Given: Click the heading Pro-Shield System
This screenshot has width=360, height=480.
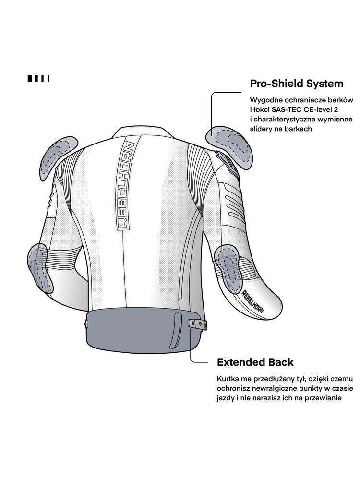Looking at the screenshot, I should (297, 84).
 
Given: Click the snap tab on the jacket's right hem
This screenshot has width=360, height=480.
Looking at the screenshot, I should (198, 324).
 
